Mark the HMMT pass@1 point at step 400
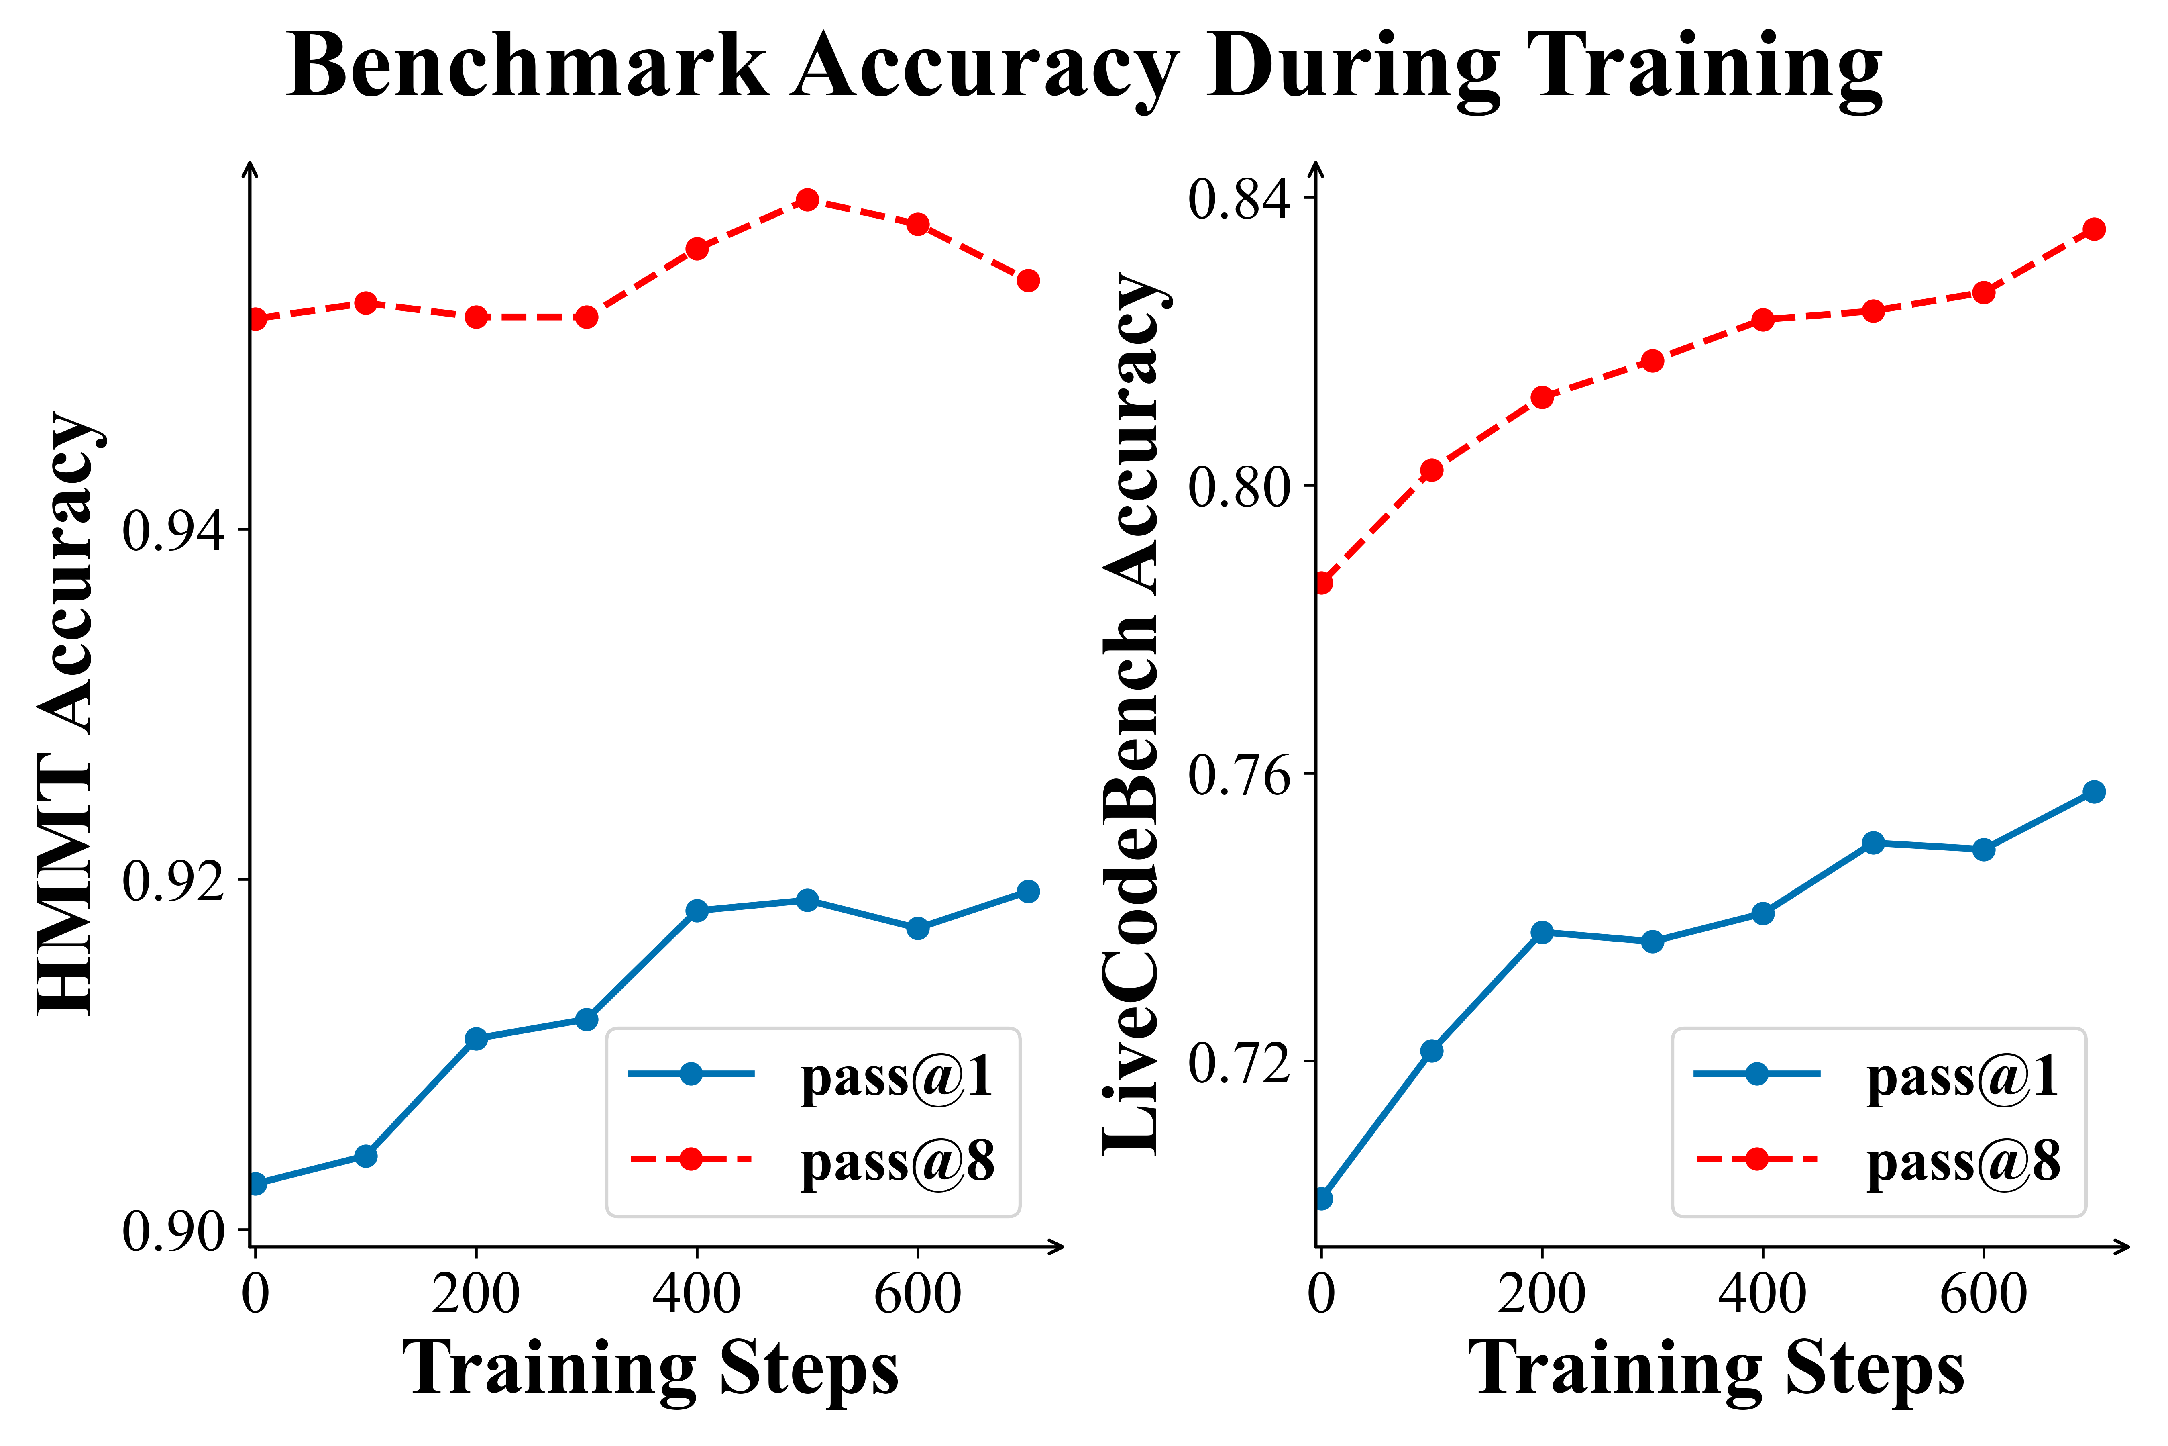tap(697, 910)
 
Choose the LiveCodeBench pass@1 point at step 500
tap(1873, 843)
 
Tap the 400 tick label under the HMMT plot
tap(697, 1294)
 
